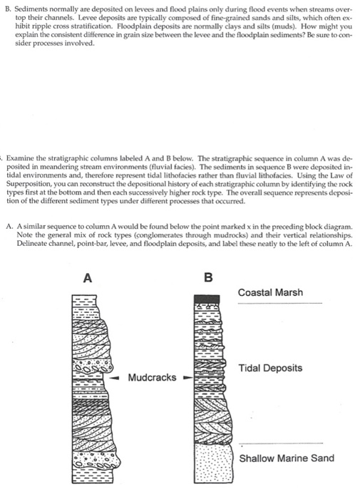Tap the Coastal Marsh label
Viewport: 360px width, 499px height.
270,292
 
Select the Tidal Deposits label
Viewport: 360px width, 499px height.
270,368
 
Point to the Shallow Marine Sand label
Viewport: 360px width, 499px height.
287,458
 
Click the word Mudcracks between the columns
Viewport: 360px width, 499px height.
153,376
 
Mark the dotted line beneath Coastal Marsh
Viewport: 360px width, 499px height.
279,304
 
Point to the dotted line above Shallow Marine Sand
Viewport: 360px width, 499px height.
279,442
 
